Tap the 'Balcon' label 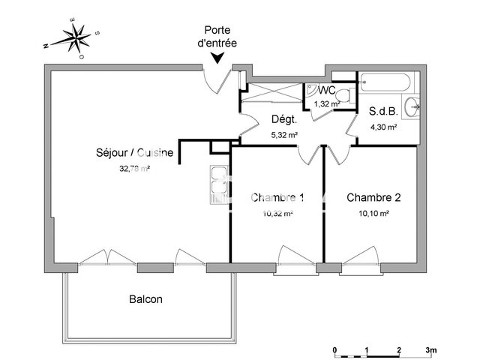(x=145, y=298)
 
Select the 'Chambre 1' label (x=277, y=198)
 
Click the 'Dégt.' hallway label (x=284, y=119)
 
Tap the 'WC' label (x=325, y=91)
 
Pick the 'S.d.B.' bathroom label (x=382, y=112)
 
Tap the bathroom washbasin (x=411, y=107)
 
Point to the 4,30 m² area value (x=382, y=127)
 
